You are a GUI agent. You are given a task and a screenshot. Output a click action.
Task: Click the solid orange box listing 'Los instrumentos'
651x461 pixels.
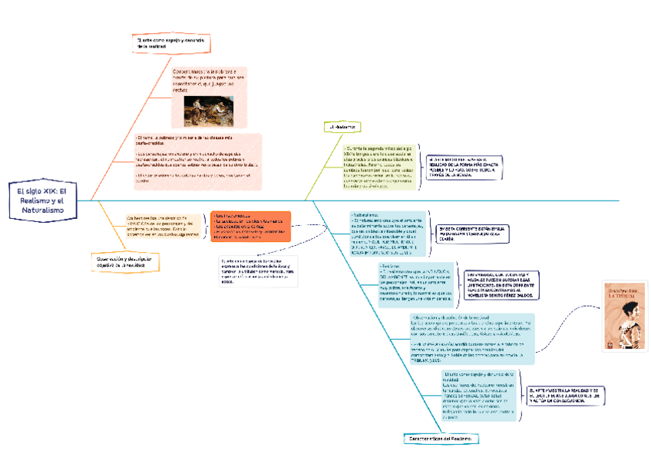(250, 227)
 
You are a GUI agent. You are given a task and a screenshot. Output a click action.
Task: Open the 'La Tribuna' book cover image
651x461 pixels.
(624, 317)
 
